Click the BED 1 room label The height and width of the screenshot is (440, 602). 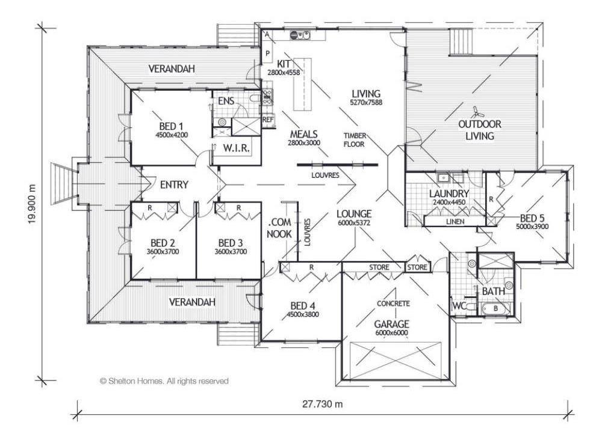coord(171,126)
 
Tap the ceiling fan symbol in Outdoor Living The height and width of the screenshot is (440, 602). coord(477,112)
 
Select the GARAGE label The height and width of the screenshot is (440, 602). coord(392,324)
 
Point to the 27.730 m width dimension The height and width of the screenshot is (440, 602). coord(322,403)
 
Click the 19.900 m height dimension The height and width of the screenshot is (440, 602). coord(33,204)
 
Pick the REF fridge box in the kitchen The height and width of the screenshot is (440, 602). coord(268,120)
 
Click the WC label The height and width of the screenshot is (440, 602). coord(459,306)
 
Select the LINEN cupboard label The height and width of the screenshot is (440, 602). coord(455,222)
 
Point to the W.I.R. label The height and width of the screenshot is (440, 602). coord(236,148)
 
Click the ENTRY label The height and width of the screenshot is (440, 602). coord(174,185)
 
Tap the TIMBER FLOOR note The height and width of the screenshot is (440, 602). coord(354,140)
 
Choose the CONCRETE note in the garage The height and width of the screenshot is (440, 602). coord(393,304)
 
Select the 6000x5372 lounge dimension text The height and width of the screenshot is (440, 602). coord(354,222)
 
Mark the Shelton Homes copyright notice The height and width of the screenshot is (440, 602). coord(164,381)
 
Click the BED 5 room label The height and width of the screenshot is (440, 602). coord(532,218)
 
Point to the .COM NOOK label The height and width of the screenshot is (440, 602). coord(279,228)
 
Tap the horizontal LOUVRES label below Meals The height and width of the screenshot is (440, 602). coord(325,175)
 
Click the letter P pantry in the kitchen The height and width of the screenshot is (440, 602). coord(268,53)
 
